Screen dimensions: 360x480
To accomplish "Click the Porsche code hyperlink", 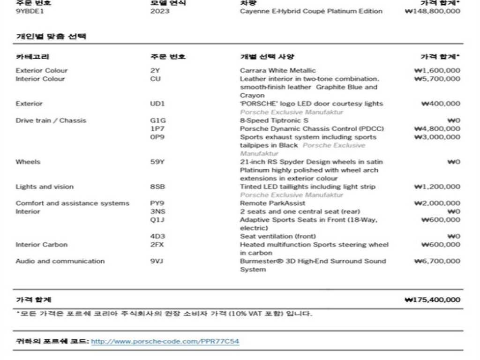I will pos(165,341).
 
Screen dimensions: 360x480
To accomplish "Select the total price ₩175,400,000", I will pos(432,300).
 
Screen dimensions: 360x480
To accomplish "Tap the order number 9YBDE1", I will pos(30,11).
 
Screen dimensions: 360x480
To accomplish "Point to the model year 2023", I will pos(160,11).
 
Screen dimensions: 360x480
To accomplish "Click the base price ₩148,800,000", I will pos(432,11).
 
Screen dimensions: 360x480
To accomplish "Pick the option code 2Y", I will pos(155,70).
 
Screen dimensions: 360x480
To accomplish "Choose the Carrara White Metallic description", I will pos(278,70).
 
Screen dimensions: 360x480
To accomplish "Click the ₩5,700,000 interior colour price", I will pos(437,79).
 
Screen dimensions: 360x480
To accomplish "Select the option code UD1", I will pos(157,104).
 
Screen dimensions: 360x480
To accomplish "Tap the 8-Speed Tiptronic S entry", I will pos(274,120).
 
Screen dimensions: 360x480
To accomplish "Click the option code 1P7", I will pos(157,128).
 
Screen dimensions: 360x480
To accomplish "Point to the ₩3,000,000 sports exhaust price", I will pos(437,137).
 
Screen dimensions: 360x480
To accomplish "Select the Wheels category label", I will pos(28,162).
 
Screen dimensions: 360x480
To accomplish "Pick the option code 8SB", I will pos(157,187).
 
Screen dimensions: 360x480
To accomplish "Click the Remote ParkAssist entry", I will pos(272,203).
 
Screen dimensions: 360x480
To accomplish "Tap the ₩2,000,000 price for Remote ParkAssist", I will pos(437,203).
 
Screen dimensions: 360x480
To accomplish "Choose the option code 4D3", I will pos(157,236).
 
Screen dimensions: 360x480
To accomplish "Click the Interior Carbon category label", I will pos(42,244).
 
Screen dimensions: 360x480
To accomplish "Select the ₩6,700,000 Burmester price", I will pos(437,261).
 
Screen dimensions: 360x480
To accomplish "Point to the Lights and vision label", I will pos(45,187).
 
